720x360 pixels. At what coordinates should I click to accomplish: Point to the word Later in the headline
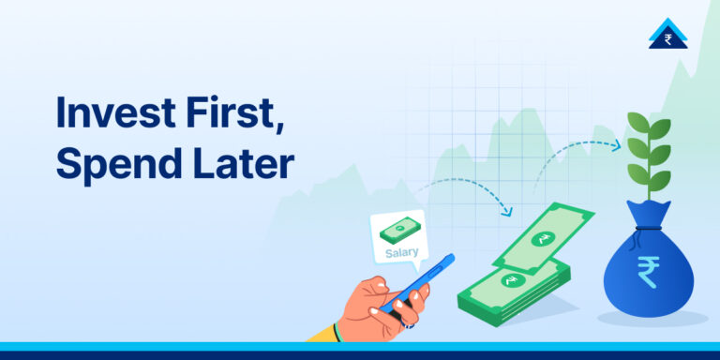(245, 164)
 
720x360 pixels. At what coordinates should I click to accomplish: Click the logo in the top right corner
(667, 35)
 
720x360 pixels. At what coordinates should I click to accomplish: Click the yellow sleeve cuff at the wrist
(323, 332)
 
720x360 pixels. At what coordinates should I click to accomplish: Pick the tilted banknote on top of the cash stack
(543, 240)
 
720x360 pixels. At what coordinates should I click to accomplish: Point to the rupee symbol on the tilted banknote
(543, 240)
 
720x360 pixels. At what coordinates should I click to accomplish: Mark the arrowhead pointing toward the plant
(616, 145)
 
